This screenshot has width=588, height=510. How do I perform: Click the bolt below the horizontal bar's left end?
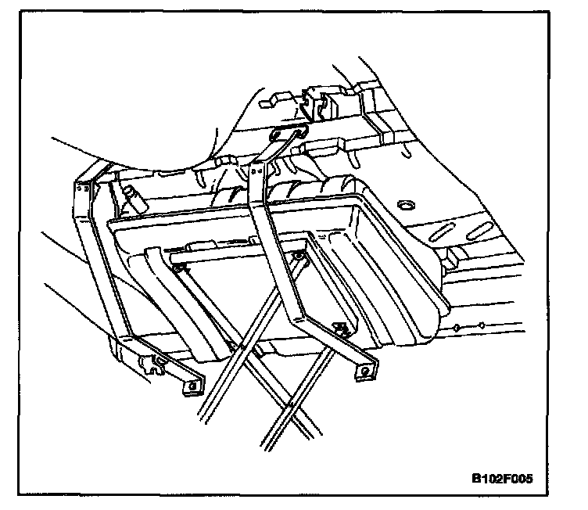(x=179, y=270)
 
